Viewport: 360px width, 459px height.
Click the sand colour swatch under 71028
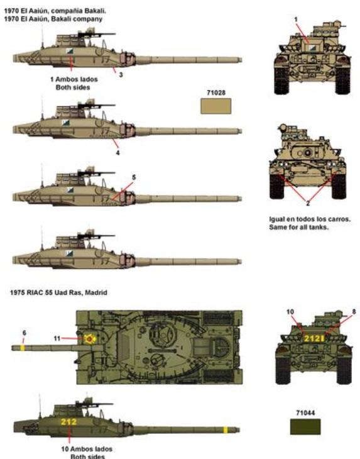(216, 106)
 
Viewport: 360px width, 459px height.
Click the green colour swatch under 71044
(305, 427)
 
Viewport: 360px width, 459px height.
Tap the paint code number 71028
(216, 93)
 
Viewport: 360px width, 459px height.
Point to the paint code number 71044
(305, 413)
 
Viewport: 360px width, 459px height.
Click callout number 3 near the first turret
(121, 75)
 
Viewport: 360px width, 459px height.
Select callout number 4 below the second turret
(118, 153)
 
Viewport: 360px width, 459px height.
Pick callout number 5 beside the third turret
(134, 177)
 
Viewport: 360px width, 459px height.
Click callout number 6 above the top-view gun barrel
(25, 333)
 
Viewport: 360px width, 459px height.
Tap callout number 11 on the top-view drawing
(57, 338)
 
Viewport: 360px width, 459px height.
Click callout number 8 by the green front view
(354, 312)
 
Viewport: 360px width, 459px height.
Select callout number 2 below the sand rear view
(308, 204)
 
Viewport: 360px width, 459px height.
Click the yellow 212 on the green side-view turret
(68, 422)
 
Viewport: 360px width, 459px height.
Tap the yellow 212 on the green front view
(312, 339)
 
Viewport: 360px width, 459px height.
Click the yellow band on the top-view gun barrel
(23, 348)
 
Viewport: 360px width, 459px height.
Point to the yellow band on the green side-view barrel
(226, 430)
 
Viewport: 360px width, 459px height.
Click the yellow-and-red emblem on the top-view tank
(89, 339)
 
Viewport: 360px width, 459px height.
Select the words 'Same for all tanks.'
(298, 227)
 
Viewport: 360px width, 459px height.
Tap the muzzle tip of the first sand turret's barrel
(241, 60)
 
